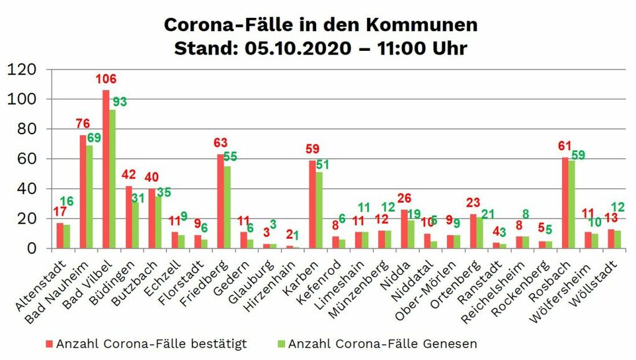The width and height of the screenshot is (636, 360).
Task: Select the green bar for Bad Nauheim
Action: pyautogui.click(x=89, y=197)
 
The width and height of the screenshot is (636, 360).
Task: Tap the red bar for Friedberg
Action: pyautogui.click(x=220, y=201)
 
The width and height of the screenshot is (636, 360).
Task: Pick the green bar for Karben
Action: pyautogui.click(x=319, y=210)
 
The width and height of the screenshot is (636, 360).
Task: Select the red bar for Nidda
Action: pyautogui.click(x=404, y=229)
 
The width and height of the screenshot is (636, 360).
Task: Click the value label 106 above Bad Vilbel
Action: pyautogui.click(x=106, y=79)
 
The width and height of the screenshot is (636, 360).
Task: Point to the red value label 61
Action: pyautogui.click(x=564, y=146)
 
